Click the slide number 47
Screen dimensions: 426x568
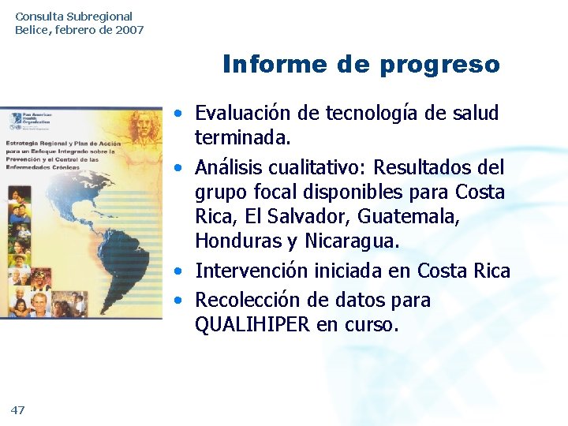pyautogui.click(x=18, y=409)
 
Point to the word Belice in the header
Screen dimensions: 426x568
pyautogui.click(x=32, y=30)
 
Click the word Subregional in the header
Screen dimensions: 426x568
pyautogui.click(x=99, y=16)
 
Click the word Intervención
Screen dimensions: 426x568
pyautogui.click(x=250, y=271)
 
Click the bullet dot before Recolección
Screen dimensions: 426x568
pyautogui.click(x=181, y=301)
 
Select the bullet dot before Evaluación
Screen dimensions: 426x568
pyautogui.click(x=181, y=114)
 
